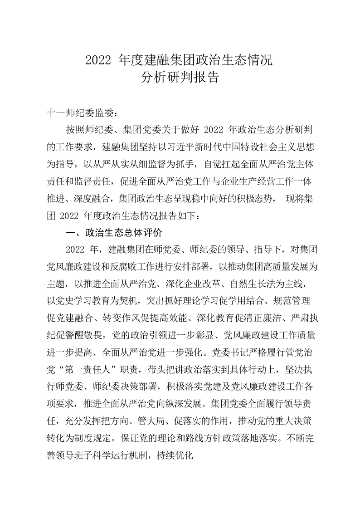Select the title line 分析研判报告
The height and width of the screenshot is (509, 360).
click(180, 78)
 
